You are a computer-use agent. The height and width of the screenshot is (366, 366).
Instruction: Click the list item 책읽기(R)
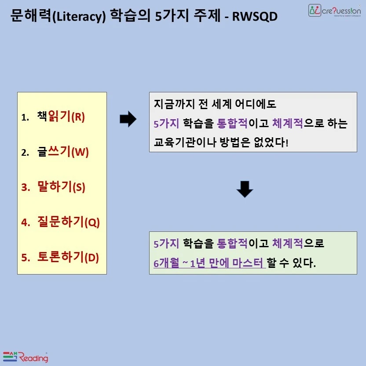[61, 117]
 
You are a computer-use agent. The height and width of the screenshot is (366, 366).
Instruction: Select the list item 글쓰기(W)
[63, 152]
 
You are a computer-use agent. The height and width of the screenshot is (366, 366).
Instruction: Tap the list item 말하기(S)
[61, 187]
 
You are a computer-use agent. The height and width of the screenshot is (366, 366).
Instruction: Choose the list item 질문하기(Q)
[69, 222]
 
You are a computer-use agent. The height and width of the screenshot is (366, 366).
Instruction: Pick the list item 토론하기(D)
[68, 257]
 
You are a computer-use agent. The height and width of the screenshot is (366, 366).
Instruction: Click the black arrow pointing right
[128, 119]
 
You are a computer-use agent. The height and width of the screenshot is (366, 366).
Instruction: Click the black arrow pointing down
[245, 190]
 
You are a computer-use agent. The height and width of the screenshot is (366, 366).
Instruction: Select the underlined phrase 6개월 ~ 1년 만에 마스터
[209, 264]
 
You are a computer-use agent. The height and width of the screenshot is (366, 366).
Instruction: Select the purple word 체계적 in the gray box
[288, 124]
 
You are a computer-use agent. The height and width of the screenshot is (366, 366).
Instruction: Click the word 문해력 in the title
[27, 16]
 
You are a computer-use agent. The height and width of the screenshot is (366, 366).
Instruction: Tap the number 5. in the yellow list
[26, 258]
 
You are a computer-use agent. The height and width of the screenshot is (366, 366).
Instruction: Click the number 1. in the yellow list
[25, 117]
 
